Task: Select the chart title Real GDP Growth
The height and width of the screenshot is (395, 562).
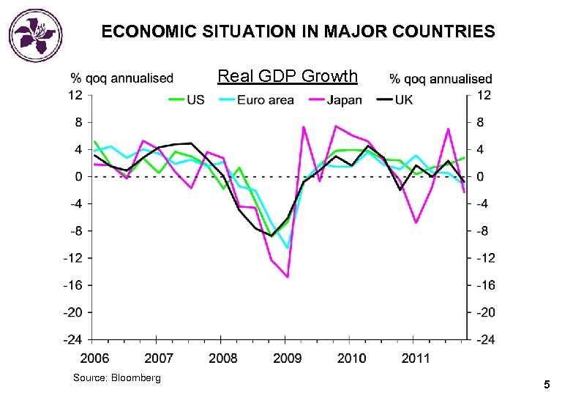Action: pyautogui.click(x=288, y=76)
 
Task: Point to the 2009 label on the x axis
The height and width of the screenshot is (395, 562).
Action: pyautogui.click(x=288, y=358)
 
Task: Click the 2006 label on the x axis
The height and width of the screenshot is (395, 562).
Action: pyautogui.click(x=94, y=358)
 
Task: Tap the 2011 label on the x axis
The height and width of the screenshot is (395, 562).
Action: pyautogui.click(x=416, y=358)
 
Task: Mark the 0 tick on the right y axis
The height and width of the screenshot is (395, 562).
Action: pyautogui.click(x=480, y=176)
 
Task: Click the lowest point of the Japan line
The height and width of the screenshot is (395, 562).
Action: pyautogui.click(x=288, y=276)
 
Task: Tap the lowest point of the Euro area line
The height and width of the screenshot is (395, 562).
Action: pyautogui.click(x=288, y=248)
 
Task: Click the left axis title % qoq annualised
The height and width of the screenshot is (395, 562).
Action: pyautogui.click(x=121, y=78)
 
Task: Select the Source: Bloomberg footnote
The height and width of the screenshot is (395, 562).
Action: pyautogui.click(x=117, y=377)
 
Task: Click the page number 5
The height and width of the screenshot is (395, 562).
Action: pyautogui.click(x=546, y=384)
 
